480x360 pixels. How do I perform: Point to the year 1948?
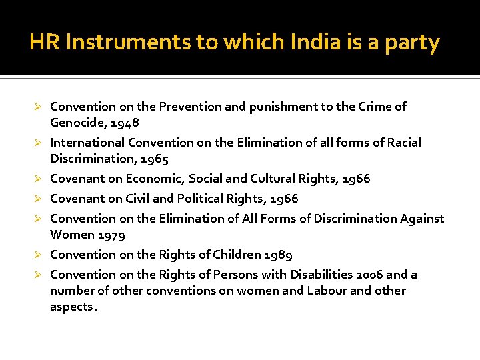coord(126,123)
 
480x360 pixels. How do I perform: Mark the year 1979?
coord(111,235)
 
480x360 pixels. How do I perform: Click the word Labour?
coord(327,291)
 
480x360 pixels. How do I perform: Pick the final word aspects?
coord(73,307)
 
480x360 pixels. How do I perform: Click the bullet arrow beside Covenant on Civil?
coord(39,199)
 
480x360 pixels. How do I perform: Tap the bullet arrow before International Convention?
coord(39,143)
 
